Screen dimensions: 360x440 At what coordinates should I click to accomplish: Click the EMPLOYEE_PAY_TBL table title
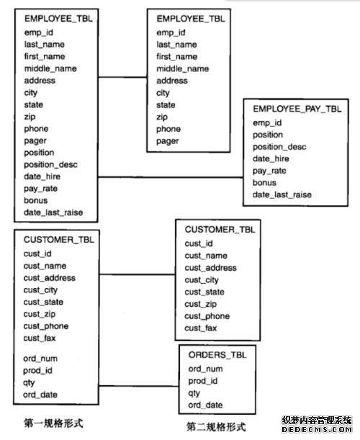click(297, 109)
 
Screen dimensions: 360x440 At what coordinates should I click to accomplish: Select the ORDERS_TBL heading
click(217, 355)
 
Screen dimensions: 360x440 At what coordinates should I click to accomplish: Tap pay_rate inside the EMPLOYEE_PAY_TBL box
click(269, 171)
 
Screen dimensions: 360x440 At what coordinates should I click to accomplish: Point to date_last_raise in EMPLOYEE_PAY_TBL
click(282, 194)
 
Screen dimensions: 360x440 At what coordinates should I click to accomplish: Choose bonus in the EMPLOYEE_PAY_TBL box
click(264, 183)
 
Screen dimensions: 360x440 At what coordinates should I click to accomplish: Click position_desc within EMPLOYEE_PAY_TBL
click(279, 147)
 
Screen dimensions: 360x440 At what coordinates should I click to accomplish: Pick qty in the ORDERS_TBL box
click(194, 393)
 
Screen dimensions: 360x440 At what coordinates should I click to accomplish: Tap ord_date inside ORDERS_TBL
click(205, 405)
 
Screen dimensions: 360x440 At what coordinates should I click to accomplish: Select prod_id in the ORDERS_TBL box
click(203, 381)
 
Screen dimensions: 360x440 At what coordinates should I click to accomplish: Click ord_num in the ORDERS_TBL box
click(205, 369)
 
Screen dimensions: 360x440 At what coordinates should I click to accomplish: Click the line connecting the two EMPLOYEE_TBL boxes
click(122, 77)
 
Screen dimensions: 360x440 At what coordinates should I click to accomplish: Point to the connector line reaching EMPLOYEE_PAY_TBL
click(171, 177)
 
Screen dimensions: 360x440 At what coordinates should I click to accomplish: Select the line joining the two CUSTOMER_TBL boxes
click(138, 274)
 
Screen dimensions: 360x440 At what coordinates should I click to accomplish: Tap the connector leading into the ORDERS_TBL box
click(139, 386)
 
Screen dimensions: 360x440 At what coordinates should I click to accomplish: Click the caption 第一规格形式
click(53, 423)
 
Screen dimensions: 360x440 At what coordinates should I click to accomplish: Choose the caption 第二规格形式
click(216, 427)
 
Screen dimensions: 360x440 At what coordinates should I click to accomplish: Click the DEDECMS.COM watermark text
click(317, 430)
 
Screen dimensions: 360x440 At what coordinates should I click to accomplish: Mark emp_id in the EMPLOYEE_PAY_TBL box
click(267, 123)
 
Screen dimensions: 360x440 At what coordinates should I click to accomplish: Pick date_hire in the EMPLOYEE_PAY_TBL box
click(271, 159)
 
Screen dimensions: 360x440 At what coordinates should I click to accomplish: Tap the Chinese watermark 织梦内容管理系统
click(317, 421)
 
